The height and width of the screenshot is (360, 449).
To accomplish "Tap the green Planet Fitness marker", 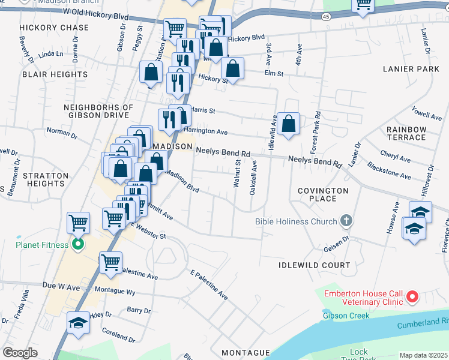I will (x=77, y=244).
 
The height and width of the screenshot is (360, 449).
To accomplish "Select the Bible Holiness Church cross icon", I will (x=346, y=221).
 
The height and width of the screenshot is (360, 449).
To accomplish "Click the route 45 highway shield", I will (x=325, y=17).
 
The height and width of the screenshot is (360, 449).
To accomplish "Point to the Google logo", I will (x=20, y=353).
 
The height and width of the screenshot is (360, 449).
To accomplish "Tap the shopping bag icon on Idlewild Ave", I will (x=289, y=124).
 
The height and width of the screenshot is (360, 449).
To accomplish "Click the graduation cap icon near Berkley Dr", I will (x=78, y=323).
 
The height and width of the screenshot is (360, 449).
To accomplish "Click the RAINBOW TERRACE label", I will (x=406, y=133).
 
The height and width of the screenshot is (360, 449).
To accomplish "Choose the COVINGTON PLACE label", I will (x=323, y=194).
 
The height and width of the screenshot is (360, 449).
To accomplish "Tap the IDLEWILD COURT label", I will (x=314, y=265).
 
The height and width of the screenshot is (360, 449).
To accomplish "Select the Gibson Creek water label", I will (x=346, y=316).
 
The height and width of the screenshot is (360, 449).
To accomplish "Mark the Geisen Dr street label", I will (x=336, y=242).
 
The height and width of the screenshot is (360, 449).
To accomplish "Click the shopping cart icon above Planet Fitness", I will (x=79, y=223).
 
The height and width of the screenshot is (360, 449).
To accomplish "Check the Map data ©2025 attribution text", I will (x=423, y=355).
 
